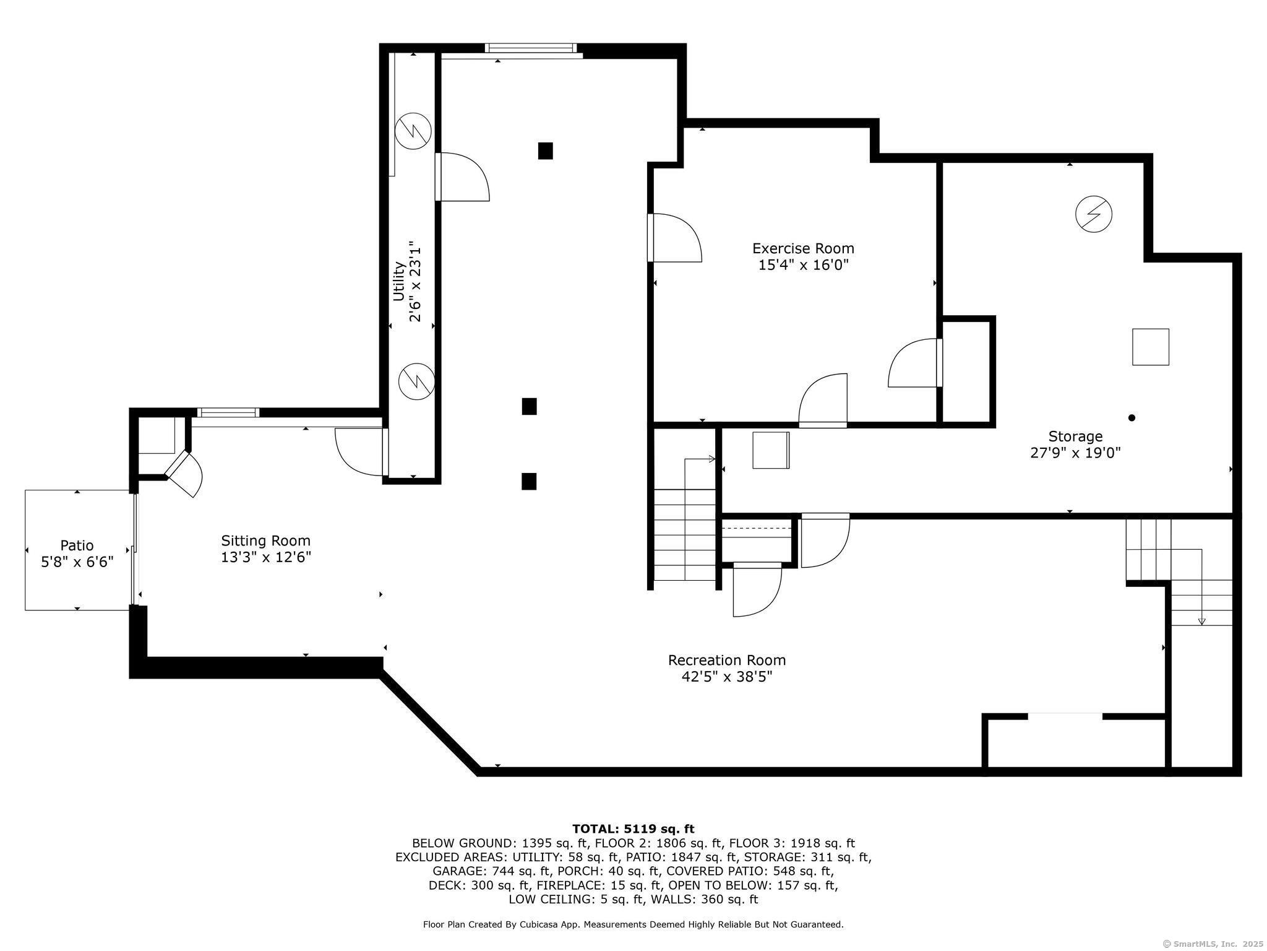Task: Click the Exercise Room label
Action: coord(803,249)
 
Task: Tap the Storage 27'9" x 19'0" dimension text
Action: coord(1075,453)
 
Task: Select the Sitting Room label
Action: coord(266,541)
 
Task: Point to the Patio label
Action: coord(77,545)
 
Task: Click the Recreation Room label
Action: coord(727,660)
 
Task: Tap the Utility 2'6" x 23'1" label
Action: coord(407,282)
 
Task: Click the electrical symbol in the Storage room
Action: coord(1094,214)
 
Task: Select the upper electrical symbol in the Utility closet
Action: coord(413,130)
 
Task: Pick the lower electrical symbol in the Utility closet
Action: coord(416,381)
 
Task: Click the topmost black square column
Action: coord(545,150)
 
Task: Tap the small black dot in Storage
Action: coord(1132,418)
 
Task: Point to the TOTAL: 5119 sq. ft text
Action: coord(633,829)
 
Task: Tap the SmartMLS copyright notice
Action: coord(1213,944)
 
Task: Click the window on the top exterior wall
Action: coord(530,48)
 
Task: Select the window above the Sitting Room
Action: coord(228,412)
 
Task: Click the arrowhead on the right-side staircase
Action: coord(1201,621)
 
